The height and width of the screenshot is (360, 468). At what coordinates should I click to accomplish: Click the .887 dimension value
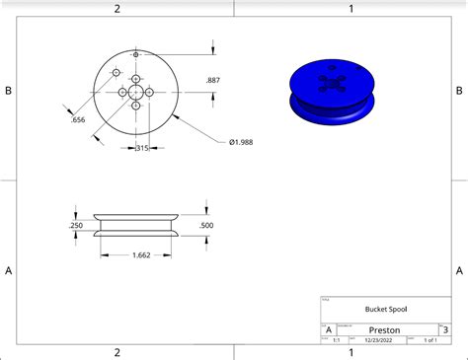(x=212, y=80)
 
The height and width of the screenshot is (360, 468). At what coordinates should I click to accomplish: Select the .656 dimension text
(x=77, y=120)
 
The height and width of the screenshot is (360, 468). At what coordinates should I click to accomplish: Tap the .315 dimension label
(x=141, y=148)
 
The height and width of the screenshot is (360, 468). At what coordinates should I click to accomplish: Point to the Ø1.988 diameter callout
(x=246, y=142)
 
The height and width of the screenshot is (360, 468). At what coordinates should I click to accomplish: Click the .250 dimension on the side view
(x=76, y=226)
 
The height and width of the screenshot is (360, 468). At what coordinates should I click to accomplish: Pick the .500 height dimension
(x=206, y=225)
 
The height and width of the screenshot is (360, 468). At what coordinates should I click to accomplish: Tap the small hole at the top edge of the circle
(x=135, y=54)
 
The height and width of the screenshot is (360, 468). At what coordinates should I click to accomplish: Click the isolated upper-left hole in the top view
(x=117, y=74)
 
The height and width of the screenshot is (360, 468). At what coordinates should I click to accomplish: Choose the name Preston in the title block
(x=384, y=330)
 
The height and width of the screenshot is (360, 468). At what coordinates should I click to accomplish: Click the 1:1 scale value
(x=337, y=340)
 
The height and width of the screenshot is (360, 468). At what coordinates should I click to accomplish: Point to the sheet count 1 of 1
(x=429, y=340)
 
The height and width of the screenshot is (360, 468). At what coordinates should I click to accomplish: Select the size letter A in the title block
(x=328, y=330)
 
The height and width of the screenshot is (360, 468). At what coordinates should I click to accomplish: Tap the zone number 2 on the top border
(x=117, y=8)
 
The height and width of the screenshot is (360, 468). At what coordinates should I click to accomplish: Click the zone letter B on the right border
(x=459, y=91)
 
